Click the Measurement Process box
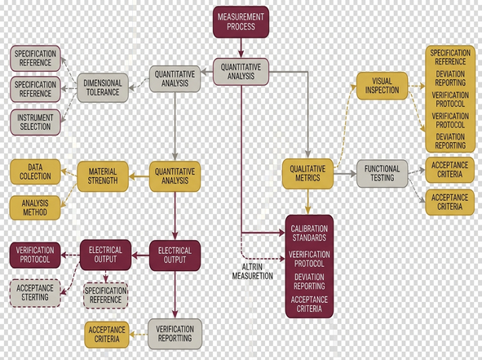(x=241, y=22)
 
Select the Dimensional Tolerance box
(x=103, y=87)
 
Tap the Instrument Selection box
(x=35, y=122)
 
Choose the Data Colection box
(x=35, y=171)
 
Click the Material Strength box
(x=103, y=176)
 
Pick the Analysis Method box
(x=35, y=207)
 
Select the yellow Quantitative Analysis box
(x=175, y=176)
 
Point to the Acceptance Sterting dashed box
(x=35, y=293)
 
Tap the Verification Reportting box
(x=175, y=334)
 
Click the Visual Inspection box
(x=383, y=86)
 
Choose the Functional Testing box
(x=383, y=174)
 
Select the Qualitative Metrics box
(x=307, y=174)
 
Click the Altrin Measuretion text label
(x=252, y=271)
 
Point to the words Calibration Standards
(x=309, y=233)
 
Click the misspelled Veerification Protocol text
(x=309, y=259)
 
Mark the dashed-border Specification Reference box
(x=106, y=296)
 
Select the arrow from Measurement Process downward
(x=241, y=47)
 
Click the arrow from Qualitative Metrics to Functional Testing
(x=345, y=174)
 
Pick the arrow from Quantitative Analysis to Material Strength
(x=139, y=176)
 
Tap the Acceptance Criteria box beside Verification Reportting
(x=107, y=335)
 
